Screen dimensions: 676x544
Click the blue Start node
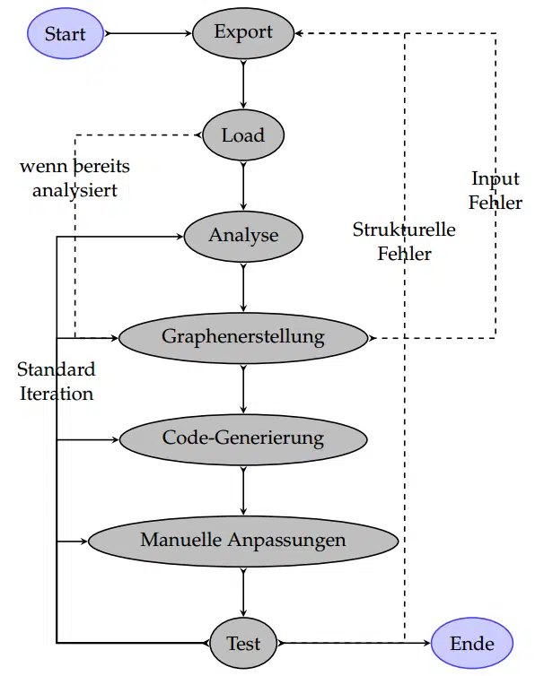tap(65, 34)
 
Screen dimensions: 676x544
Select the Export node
tap(243, 33)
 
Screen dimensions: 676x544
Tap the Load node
tap(243, 135)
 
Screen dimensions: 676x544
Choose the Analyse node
tap(243, 236)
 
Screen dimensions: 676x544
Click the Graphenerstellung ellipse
tap(243, 337)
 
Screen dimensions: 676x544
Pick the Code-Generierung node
tap(243, 438)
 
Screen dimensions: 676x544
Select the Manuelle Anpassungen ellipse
tap(243, 540)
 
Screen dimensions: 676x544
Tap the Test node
tap(243, 643)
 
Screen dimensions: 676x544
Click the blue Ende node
tap(472, 643)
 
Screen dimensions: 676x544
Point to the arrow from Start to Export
tap(148, 34)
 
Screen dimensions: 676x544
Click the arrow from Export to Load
tap(243, 84)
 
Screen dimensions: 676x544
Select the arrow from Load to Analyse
tap(243, 186)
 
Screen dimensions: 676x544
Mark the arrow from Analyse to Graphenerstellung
tap(243, 286)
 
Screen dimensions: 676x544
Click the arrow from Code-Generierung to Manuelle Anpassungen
tap(243, 489)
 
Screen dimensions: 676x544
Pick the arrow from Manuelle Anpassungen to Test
tap(243, 591)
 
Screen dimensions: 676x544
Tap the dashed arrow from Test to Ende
tap(355, 643)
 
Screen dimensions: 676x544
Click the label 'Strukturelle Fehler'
tap(404, 241)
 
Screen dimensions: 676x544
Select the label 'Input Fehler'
tap(496, 191)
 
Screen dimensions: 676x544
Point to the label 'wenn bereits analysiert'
tap(75, 178)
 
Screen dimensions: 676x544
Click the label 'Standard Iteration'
tap(56, 381)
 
